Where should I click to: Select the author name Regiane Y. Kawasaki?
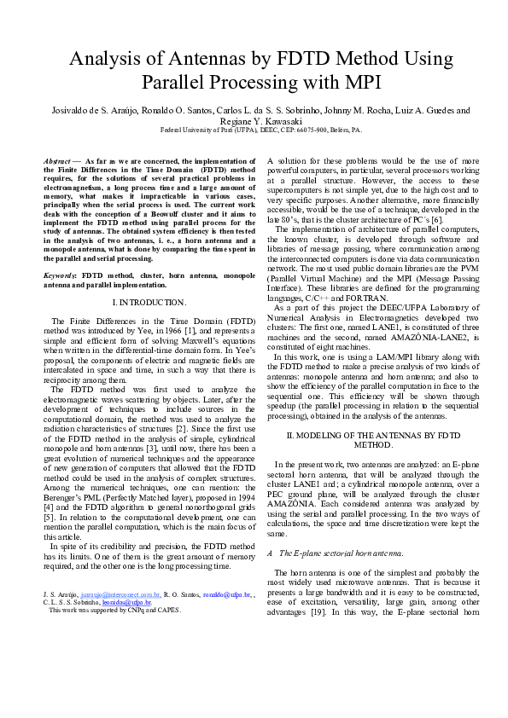coord(254,121)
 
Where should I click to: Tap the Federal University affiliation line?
coord(254,131)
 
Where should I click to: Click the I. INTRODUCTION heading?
coord(149,302)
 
